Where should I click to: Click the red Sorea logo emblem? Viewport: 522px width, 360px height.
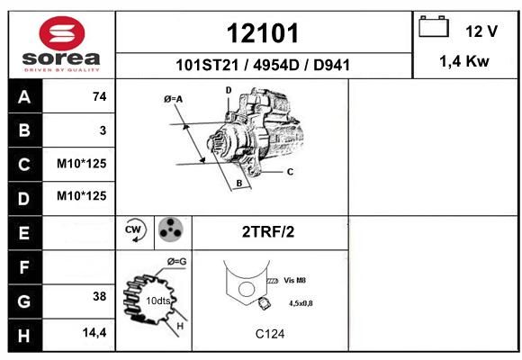coord(62,33)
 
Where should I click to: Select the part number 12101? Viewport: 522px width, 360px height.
coord(263,33)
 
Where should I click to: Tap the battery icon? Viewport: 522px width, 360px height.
coord(434,26)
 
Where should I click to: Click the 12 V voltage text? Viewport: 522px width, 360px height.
coord(481,31)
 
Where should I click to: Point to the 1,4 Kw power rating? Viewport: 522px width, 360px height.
coord(464,61)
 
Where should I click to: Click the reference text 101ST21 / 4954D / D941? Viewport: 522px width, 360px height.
coord(263,65)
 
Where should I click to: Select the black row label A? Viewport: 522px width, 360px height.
coord(24,97)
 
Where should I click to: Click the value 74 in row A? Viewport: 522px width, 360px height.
coord(100,96)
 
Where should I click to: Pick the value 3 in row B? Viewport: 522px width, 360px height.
coord(103,130)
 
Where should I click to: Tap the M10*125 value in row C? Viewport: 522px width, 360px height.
coord(82,164)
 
